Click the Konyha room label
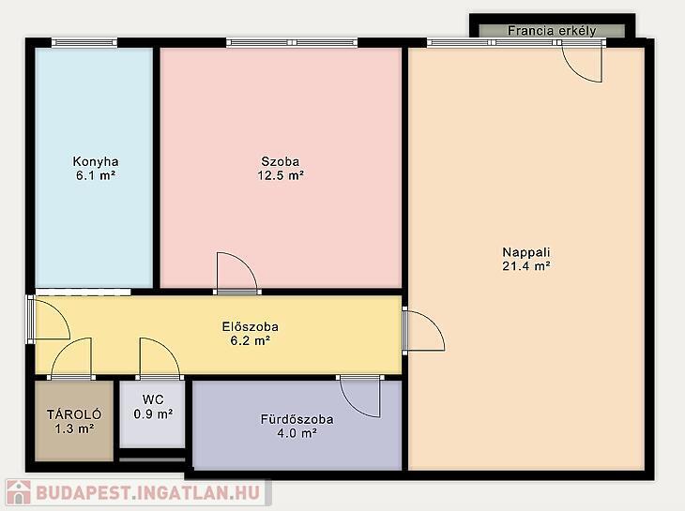[x=95, y=161]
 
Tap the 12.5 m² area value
[x=281, y=175]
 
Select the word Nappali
[x=526, y=252]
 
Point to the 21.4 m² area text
[x=526, y=265]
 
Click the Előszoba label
[x=250, y=326]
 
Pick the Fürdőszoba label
[x=297, y=419]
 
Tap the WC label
[x=153, y=399]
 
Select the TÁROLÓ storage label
[x=74, y=414]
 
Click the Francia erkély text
[x=552, y=31]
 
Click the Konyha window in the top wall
[x=84, y=42]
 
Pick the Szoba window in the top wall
[x=292, y=42]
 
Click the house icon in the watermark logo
[x=19, y=492]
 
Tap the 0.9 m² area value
[x=153, y=413]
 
